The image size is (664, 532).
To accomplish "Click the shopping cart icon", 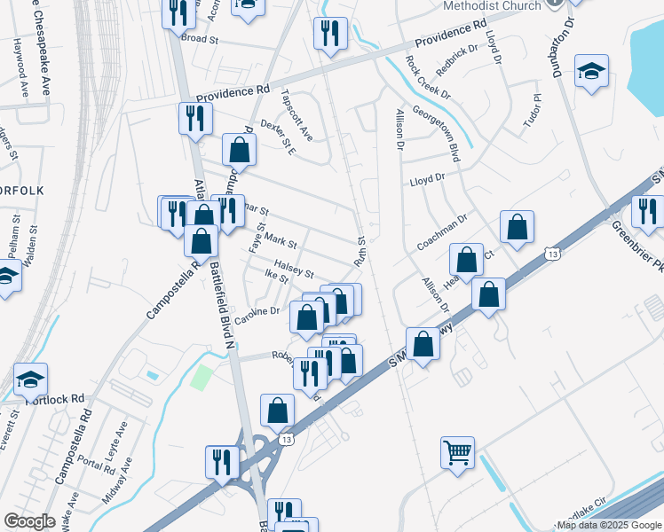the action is pyautogui.click(x=457, y=453).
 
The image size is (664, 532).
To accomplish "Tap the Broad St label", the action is pyautogui.click(x=200, y=39).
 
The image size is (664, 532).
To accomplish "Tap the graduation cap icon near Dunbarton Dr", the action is pyautogui.click(x=591, y=72).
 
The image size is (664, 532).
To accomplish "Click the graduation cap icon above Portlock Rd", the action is pyautogui.click(x=31, y=379).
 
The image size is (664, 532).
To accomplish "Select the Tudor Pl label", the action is pyautogui.click(x=533, y=112).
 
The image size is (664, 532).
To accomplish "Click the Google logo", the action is pyautogui.click(x=28, y=521).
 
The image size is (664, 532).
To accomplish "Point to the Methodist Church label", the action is pyautogui.click(x=491, y=6).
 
